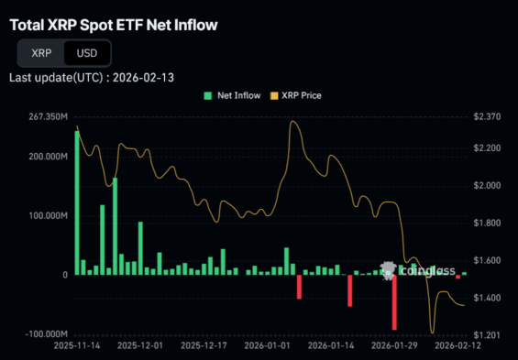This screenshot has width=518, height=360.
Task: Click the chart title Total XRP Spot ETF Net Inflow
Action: point(114,25)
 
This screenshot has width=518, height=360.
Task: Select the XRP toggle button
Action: point(41,53)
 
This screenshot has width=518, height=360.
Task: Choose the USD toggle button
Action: point(87,53)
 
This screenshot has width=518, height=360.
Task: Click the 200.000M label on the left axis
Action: point(48,157)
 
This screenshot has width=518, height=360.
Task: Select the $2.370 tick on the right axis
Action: point(486,117)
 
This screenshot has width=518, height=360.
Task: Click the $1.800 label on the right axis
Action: point(486,224)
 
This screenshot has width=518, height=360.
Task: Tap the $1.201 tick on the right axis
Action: point(486,334)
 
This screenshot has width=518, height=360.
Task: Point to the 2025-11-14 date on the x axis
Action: point(77,346)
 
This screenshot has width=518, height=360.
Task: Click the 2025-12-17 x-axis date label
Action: point(204,346)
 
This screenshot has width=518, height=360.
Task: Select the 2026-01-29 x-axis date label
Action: point(393,346)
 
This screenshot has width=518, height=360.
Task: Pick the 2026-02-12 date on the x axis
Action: point(457,346)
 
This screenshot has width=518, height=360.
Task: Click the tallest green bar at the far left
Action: point(77,202)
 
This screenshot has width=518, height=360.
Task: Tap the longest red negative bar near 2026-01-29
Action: point(394,302)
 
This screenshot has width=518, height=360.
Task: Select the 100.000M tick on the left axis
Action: point(48,216)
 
